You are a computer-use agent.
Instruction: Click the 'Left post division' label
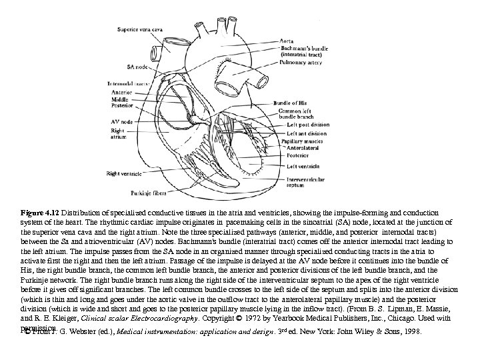click(x=303, y=123)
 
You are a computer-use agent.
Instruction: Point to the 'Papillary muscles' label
click(x=299, y=141)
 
